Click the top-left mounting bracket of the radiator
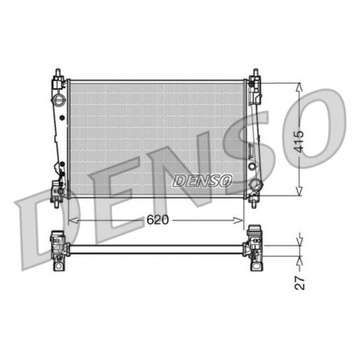click(55, 78)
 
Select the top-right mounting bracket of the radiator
click(257, 78)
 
